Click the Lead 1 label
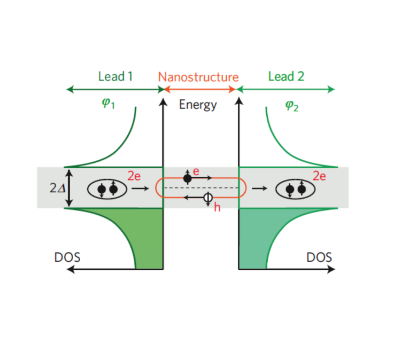pos(115,76)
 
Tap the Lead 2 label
pos(286,76)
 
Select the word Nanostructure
pos(198,76)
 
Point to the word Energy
pos(198,104)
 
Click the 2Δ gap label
pos(56,188)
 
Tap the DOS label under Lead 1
pos(67,257)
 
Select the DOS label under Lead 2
pos(319,257)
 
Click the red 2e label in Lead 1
pos(134,176)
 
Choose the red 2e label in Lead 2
pos(320,176)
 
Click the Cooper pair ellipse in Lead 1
pos(106,189)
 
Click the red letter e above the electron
pos(196,171)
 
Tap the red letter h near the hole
pos(217,207)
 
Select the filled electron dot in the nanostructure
pos(187,178)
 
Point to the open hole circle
pos(208,198)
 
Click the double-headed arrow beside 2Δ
pos(69,188)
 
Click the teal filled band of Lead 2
pos(251,235)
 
